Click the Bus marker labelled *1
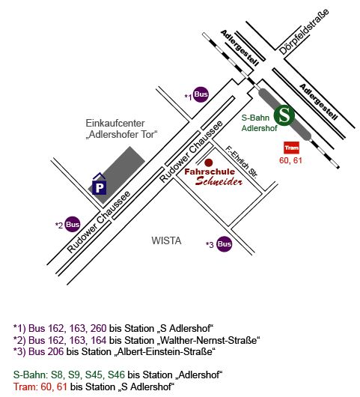point(201,94)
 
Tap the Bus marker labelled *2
point(73,224)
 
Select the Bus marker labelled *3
point(225,244)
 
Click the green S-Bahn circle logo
point(284,115)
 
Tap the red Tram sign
point(291,148)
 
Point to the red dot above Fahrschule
point(209,163)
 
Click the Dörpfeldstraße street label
point(304,32)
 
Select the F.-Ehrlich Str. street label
point(241,162)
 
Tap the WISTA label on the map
point(166,240)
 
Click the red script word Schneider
point(219,181)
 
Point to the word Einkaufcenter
point(115,124)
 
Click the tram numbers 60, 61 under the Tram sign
point(290,160)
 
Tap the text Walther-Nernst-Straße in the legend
point(209,340)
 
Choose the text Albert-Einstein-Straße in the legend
point(165,351)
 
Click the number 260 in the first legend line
point(98,328)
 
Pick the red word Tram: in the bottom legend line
point(25,387)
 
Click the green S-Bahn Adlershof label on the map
point(259,123)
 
